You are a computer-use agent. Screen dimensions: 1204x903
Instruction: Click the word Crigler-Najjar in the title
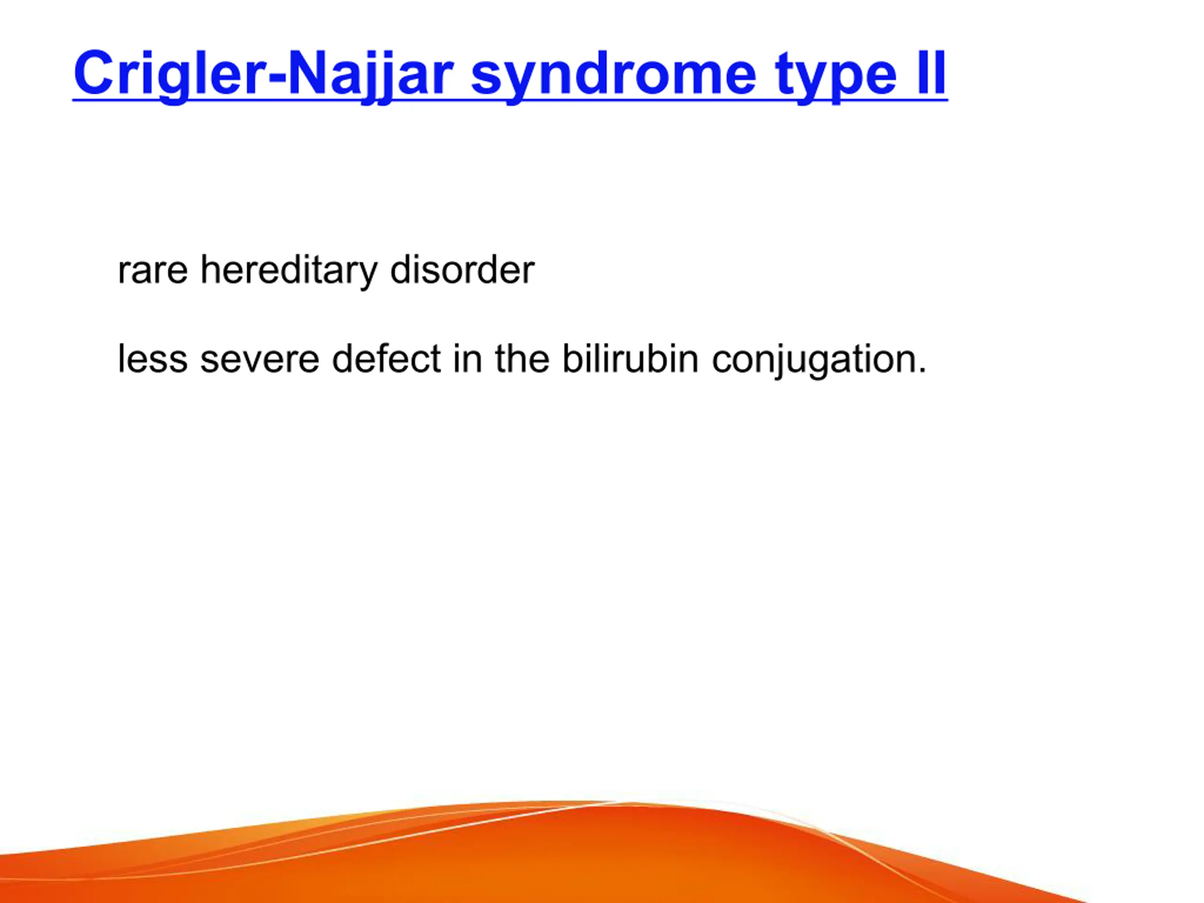263,76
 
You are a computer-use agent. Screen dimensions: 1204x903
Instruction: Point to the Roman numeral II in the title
931,72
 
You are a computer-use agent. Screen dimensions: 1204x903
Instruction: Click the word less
153,358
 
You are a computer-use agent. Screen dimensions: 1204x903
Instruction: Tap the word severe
260,360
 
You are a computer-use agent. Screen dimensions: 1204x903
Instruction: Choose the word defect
386,358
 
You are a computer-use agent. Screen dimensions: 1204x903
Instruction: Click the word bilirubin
630,358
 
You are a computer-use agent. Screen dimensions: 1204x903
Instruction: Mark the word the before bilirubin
522,358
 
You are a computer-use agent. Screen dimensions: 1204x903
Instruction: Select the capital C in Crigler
93,72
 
